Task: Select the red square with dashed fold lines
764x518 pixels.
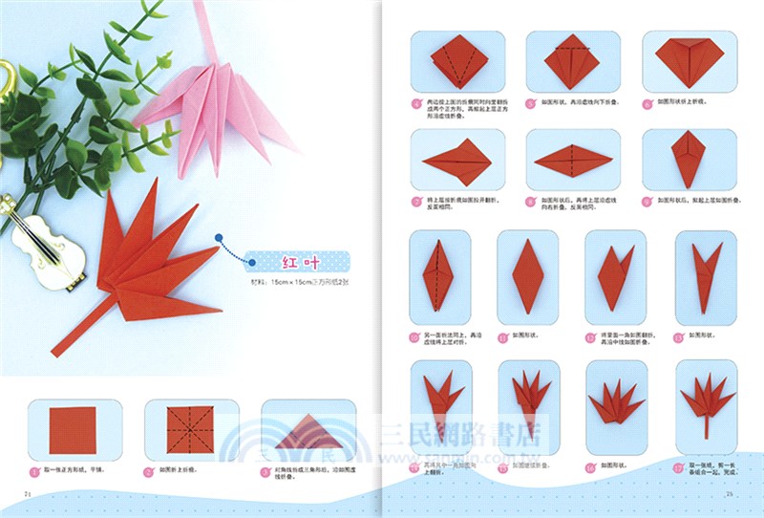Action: coord(191,430)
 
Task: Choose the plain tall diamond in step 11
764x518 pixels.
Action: coord(527,275)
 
